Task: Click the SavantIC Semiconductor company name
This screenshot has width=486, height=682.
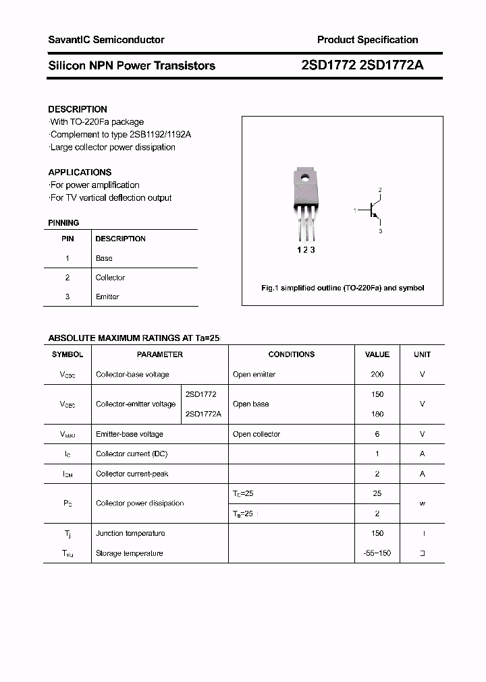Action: tap(106, 40)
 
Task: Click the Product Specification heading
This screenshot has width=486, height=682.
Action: tap(367, 40)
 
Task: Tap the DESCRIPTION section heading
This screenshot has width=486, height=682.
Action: tap(78, 109)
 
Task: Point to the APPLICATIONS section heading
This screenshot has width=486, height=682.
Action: tap(80, 172)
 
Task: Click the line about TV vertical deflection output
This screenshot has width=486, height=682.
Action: tap(111, 197)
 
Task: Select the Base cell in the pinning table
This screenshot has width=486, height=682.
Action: tap(104, 258)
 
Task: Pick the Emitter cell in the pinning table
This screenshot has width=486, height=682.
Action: tap(107, 297)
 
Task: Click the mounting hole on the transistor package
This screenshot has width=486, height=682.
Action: tap(305, 179)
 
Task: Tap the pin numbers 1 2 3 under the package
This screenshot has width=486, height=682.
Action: tap(306, 250)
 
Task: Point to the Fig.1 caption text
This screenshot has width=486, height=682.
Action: tap(342, 288)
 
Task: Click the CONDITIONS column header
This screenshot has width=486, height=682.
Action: tap(291, 354)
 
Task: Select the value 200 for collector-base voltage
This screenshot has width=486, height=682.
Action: tap(377, 374)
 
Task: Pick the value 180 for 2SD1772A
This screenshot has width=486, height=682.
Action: tap(377, 414)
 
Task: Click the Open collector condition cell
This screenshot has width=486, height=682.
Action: tap(256, 434)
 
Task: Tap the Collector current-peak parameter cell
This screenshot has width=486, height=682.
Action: tap(132, 474)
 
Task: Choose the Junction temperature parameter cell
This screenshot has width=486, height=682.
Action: tap(130, 533)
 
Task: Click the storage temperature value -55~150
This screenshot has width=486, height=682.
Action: tap(377, 553)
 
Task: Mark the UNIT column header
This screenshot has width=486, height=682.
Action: tap(423, 354)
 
